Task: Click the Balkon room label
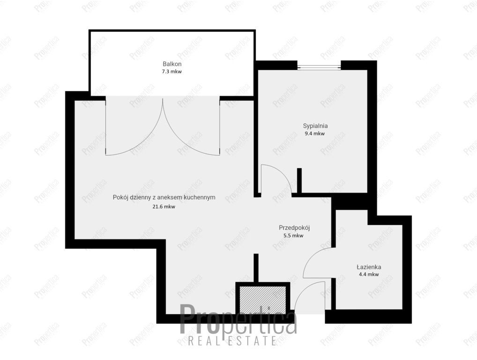(x=172, y=64)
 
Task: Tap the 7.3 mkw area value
(x=172, y=72)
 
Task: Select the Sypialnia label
(x=315, y=126)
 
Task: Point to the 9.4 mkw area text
(x=315, y=134)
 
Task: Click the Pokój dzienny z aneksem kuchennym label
(x=164, y=197)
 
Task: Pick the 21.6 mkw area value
(x=164, y=207)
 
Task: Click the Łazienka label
(x=369, y=267)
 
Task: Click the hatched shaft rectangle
(x=262, y=300)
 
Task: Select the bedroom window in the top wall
(x=319, y=66)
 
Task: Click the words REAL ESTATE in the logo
(x=232, y=340)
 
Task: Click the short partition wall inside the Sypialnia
(x=299, y=181)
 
